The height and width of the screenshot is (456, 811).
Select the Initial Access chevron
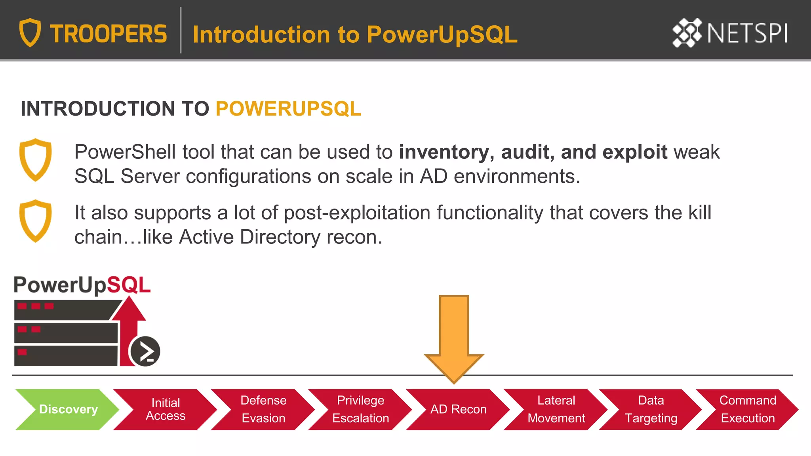[x=166, y=409]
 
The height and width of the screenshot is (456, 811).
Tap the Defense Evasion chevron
[x=263, y=409]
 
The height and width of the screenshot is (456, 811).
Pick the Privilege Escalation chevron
[x=360, y=409]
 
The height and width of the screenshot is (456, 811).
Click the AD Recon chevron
[x=458, y=409]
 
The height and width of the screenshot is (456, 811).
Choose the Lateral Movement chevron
[x=556, y=409]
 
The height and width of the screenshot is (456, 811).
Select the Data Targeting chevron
[x=651, y=409]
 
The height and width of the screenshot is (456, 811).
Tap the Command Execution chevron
[x=748, y=409]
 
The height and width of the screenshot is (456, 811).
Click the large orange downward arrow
[x=454, y=336]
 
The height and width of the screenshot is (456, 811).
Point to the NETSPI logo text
[x=747, y=33]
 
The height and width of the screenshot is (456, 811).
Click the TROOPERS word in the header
[x=109, y=34]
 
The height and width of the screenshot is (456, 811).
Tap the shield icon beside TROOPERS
[x=30, y=32]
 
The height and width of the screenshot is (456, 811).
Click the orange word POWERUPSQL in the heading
[x=288, y=109]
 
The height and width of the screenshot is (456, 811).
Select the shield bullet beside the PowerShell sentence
[x=36, y=160]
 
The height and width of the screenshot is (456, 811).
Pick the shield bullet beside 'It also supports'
[x=36, y=221]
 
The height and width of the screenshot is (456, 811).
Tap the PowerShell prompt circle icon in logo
[x=145, y=351]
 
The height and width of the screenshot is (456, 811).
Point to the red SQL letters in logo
[x=129, y=285]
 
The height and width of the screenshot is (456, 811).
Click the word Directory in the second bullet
[x=280, y=237]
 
